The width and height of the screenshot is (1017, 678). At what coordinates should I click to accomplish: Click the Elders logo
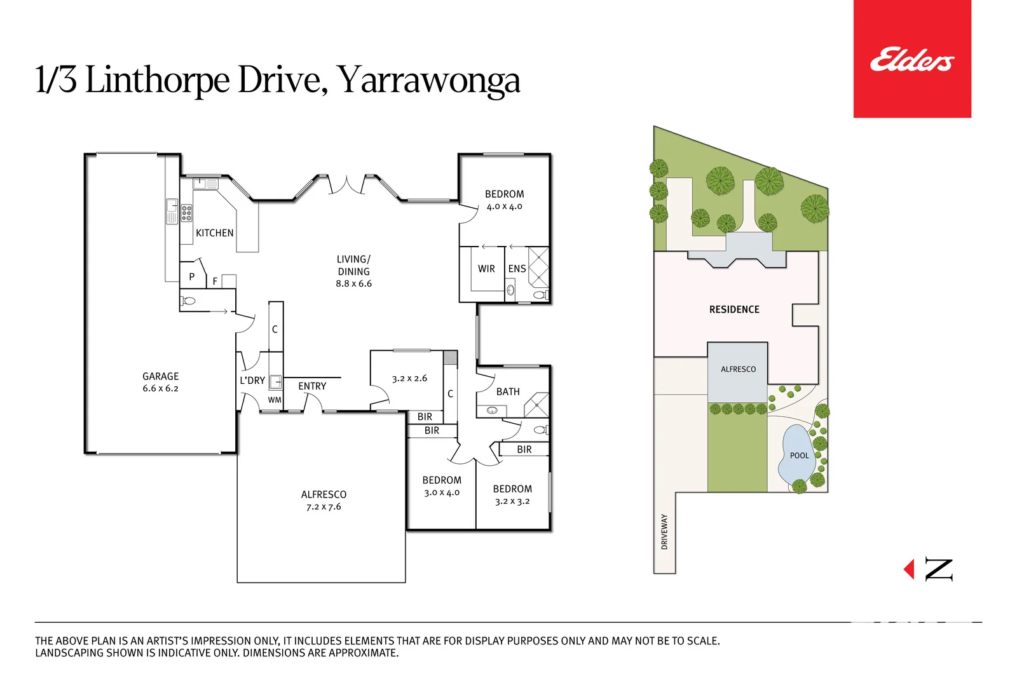point(911,59)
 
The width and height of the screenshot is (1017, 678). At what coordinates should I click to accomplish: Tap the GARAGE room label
point(160,376)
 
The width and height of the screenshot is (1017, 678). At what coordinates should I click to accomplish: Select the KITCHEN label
point(214,233)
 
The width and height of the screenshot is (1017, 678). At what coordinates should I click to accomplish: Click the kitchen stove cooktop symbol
point(186,213)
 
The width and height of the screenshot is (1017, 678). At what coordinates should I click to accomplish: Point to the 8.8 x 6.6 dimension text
point(353,284)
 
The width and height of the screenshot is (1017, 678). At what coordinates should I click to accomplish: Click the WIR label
point(486,269)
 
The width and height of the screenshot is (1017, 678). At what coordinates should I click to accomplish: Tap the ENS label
point(517,269)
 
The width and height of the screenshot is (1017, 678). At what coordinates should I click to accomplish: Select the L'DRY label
point(252,381)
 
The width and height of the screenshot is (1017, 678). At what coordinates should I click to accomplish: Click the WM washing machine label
point(275,400)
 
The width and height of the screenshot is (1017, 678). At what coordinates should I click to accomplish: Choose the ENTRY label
point(312,386)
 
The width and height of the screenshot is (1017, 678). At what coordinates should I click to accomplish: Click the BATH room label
point(508,392)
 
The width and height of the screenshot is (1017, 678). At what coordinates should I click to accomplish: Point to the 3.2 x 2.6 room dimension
point(409,379)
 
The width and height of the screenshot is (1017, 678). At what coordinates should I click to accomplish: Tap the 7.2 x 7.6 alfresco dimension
point(324,507)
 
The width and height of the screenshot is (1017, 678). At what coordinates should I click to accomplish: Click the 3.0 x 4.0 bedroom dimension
point(442,492)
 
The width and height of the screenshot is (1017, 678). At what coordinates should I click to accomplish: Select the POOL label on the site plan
point(799,456)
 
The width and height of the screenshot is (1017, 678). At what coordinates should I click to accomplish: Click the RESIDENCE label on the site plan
point(734,309)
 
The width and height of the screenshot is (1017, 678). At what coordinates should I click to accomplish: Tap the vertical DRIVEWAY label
point(664,532)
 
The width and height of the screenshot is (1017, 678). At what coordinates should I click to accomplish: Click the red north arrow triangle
point(910,569)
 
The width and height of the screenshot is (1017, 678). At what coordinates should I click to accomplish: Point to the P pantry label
point(192,277)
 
